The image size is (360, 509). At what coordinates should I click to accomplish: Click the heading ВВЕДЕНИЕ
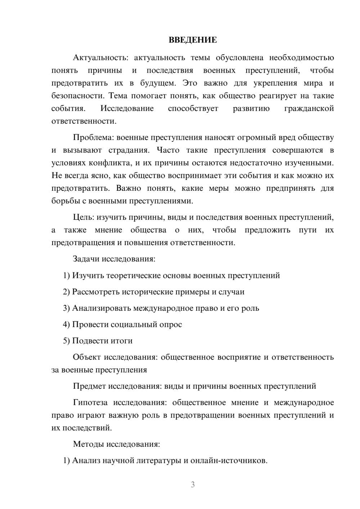tap(193, 40)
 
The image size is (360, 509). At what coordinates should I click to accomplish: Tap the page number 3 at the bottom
tap(193, 485)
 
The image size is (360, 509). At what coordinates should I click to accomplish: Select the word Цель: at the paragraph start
tap(84, 217)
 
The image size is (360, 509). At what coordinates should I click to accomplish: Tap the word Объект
tap(86, 357)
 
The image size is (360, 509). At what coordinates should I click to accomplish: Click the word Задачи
tap(86, 259)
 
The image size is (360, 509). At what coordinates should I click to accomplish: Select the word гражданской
tap(309, 108)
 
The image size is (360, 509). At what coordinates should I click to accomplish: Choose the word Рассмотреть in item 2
tap(96, 292)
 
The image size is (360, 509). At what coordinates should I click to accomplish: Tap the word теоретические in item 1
tap(116, 275)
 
